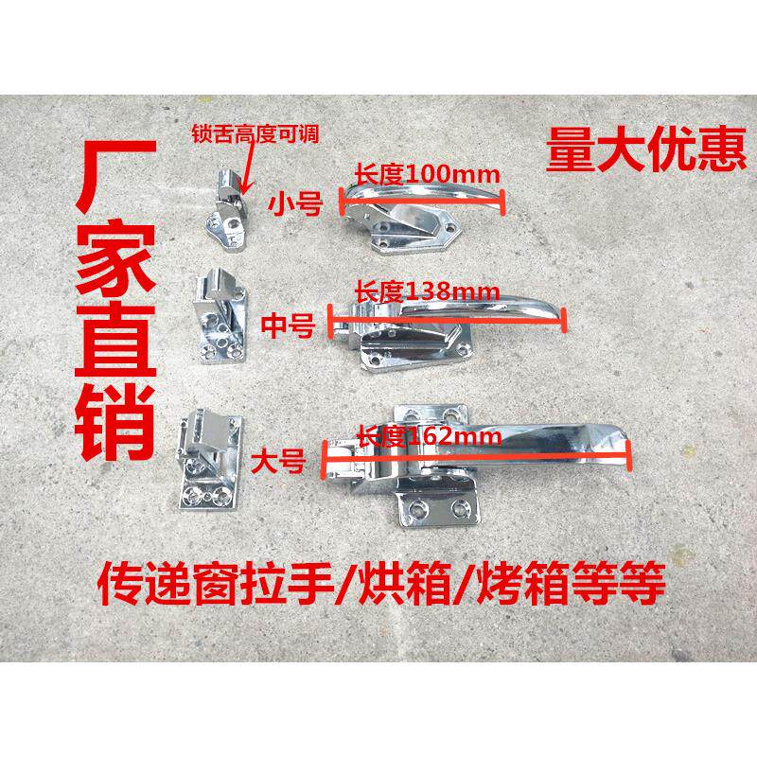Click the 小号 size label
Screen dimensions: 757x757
click(294, 202)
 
